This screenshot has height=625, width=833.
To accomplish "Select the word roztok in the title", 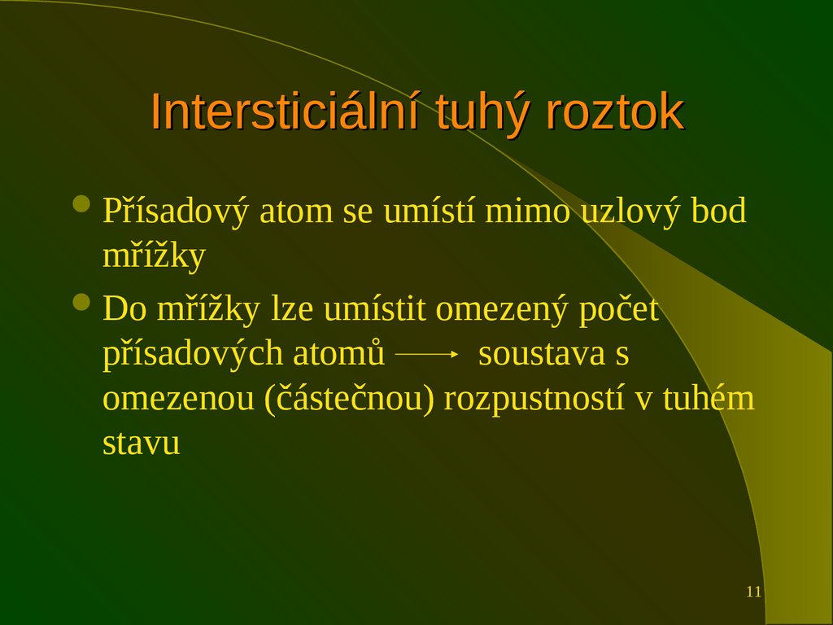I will point(615,113).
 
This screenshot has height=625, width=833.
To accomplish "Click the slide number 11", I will point(753,592).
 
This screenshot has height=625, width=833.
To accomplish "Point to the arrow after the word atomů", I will point(427,355).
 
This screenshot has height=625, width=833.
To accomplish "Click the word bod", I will point(719,212).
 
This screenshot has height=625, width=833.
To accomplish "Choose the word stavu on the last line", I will point(142,444).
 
